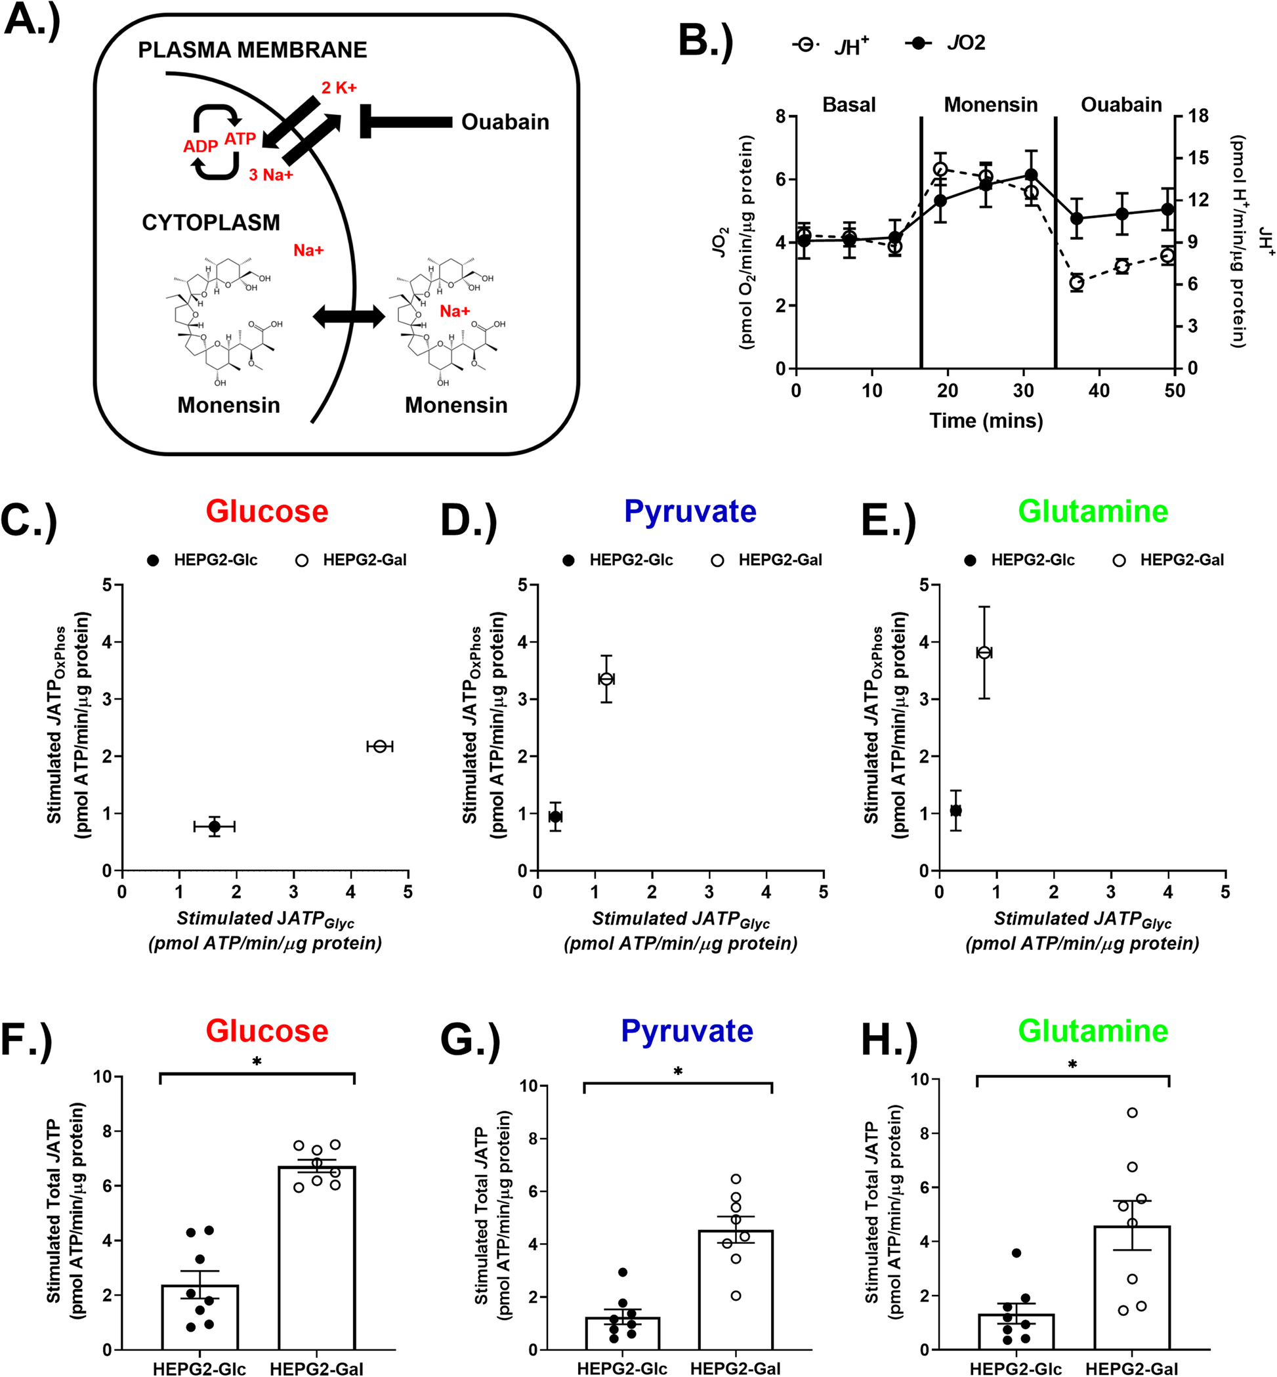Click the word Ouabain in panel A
point(505,122)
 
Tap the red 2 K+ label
point(339,89)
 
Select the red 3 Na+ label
point(271,175)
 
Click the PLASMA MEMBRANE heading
point(252,51)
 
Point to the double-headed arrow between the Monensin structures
point(348,317)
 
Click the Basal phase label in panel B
point(848,105)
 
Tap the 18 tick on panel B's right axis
point(1198,116)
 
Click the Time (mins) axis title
point(986,420)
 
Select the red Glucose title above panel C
point(266,511)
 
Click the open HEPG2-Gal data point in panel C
point(379,746)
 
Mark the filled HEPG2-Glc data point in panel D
point(555,817)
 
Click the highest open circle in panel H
point(1132,1113)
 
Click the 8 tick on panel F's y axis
point(106,1132)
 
